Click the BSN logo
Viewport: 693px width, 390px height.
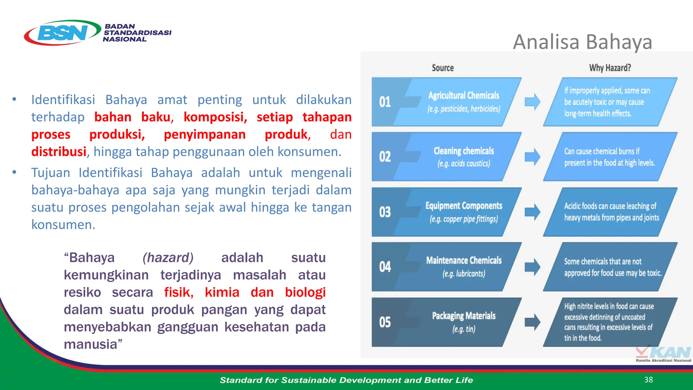(63, 33)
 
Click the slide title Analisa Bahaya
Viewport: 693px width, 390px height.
(582, 42)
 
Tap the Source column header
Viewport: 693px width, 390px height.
(443, 68)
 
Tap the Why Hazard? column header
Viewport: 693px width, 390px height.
(610, 68)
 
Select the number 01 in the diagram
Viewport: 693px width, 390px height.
(385, 102)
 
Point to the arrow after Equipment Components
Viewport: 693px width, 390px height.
(532, 212)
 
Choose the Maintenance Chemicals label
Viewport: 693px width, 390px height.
(464, 260)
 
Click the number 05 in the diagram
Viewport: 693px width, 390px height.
(385, 322)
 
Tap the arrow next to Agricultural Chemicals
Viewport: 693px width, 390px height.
(532, 102)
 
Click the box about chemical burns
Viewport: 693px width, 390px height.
(609, 157)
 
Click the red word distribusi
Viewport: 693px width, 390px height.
(59, 152)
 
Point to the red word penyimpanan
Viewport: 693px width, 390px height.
(204, 134)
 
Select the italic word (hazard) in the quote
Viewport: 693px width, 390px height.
(168, 258)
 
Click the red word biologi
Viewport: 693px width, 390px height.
(305, 292)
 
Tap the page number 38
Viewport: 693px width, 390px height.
(648, 380)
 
